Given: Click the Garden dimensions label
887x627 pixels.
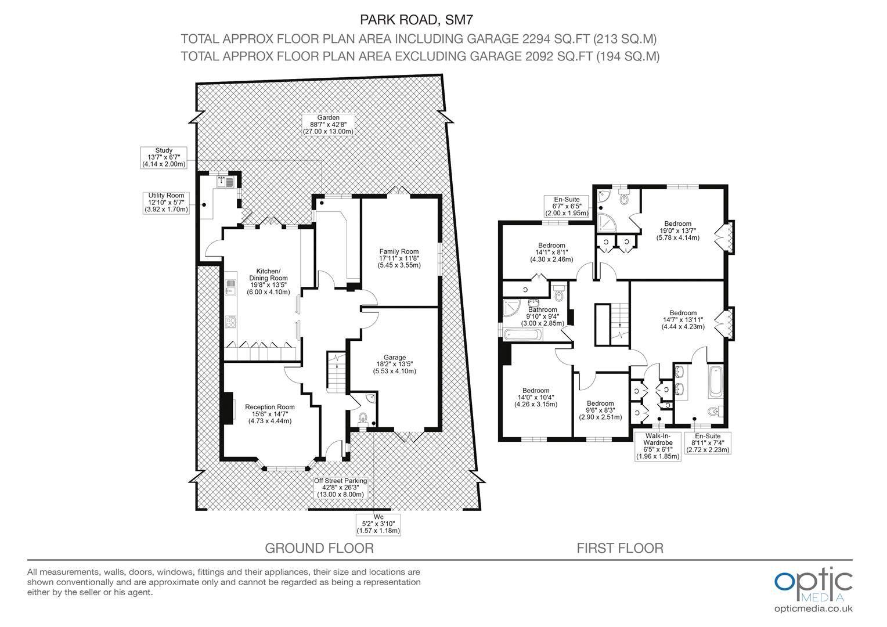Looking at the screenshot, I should pos(328,125).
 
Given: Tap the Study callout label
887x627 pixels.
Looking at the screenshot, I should pos(164,157).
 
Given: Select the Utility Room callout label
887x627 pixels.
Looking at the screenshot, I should pos(166,203).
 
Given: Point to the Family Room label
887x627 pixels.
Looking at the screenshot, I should pos(399,258).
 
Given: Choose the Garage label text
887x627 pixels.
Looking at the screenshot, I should pos(394,364).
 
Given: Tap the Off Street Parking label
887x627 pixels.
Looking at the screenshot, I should pos(341,488).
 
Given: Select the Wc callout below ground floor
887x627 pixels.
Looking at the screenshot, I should pos(378,523).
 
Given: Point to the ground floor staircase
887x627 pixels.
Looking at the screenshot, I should pos(336,372).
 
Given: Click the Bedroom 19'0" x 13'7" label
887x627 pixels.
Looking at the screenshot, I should pos(677,230).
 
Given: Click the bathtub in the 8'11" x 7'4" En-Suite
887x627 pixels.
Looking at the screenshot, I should pos(713,381).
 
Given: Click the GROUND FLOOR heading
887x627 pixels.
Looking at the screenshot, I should pos(319,548).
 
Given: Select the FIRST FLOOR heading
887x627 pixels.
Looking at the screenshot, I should pos(619,548).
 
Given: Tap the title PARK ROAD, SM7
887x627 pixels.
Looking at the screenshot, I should pos(417,20).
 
